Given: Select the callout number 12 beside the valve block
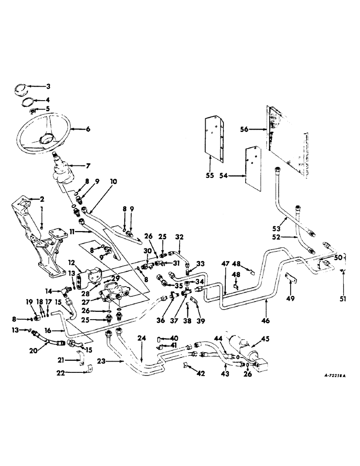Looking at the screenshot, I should pos(72,263).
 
